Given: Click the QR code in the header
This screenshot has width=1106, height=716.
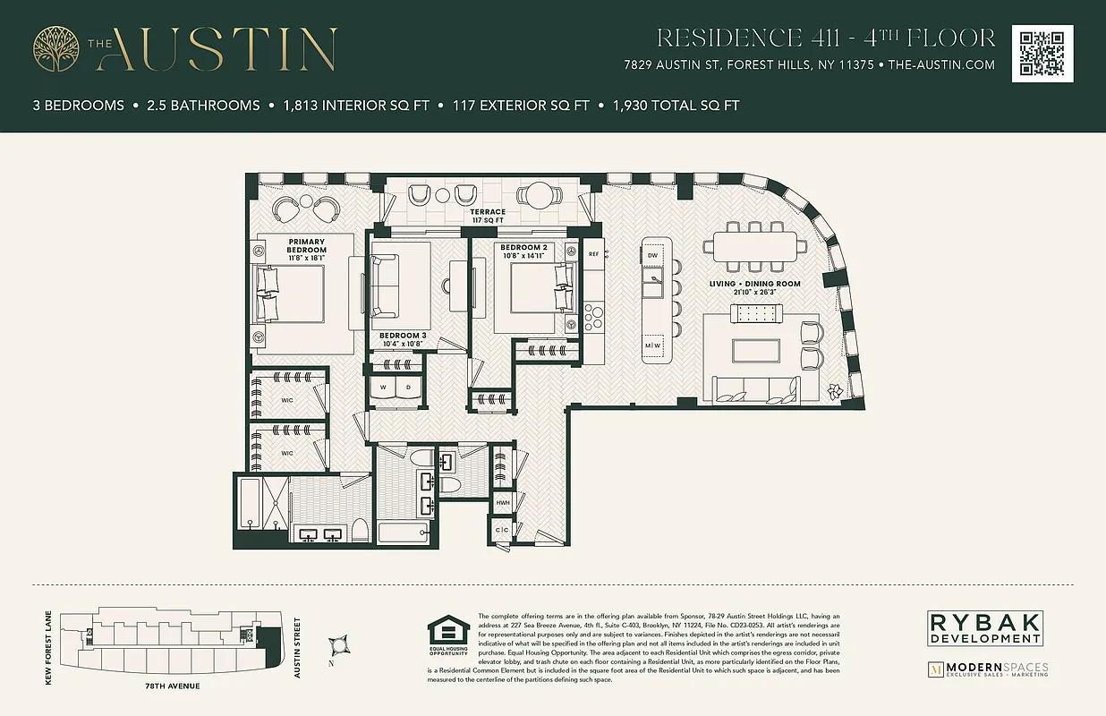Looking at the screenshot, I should [x=1042, y=54].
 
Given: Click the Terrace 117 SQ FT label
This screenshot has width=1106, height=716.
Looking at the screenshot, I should [x=489, y=216].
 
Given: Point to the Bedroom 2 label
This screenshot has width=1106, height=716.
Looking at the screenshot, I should [x=523, y=251].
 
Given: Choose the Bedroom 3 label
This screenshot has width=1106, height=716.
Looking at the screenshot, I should [x=403, y=339].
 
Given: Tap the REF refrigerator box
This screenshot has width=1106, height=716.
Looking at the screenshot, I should [x=593, y=254].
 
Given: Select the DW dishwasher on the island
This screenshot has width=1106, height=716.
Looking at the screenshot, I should [x=652, y=256].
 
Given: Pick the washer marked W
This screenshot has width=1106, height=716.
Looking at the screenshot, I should [x=383, y=388].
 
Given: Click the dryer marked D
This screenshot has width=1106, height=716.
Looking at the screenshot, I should [x=408, y=388].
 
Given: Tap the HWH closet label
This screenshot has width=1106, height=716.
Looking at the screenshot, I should [x=503, y=503].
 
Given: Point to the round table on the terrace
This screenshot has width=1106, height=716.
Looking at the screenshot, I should [x=540, y=195].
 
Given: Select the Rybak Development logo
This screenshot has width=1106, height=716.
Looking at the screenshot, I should [x=984, y=627].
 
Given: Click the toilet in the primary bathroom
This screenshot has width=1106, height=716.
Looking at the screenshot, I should [x=359, y=529].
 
